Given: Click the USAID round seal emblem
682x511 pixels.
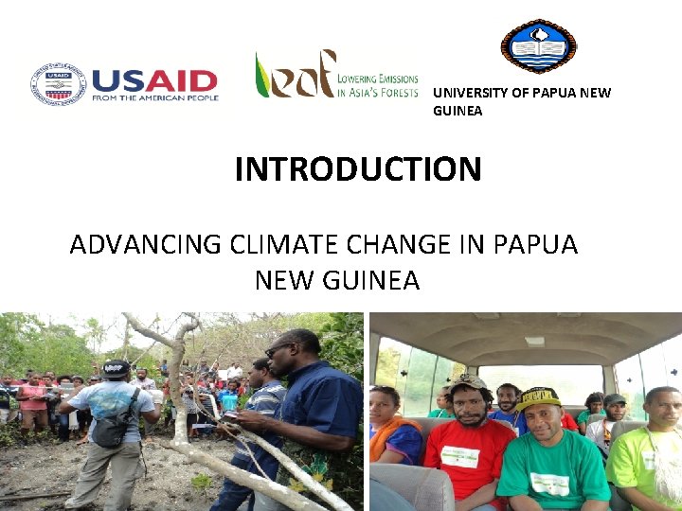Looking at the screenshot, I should (x=58, y=84).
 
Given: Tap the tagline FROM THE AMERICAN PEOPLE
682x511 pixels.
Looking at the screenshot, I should (x=155, y=97).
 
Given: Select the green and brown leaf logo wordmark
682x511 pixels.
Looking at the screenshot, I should (x=294, y=75).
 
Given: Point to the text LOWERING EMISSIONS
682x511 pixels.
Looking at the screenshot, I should (x=378, y=79).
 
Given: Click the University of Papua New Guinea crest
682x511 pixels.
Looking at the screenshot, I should (x=538, y=45).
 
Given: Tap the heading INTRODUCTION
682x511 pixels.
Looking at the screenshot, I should (x=358, y=169).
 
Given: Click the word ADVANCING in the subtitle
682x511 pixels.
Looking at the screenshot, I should (x=145, y=244).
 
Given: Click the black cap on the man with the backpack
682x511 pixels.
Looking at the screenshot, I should (x=117, y=369).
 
